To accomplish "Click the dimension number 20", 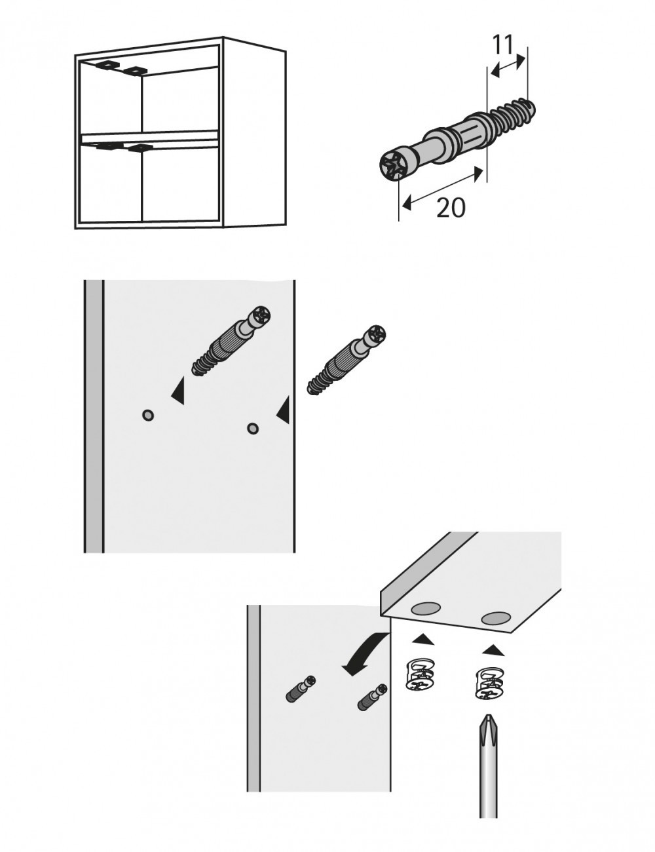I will (x=451, y=208).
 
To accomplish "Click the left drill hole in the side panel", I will (x=148, y=414).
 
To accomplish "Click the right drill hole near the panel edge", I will (x=252, y=429).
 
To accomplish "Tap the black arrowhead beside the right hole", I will (x=283, y=411).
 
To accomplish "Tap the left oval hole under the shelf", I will (x=425, y=608).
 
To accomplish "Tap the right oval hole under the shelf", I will (x=496, y=617).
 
